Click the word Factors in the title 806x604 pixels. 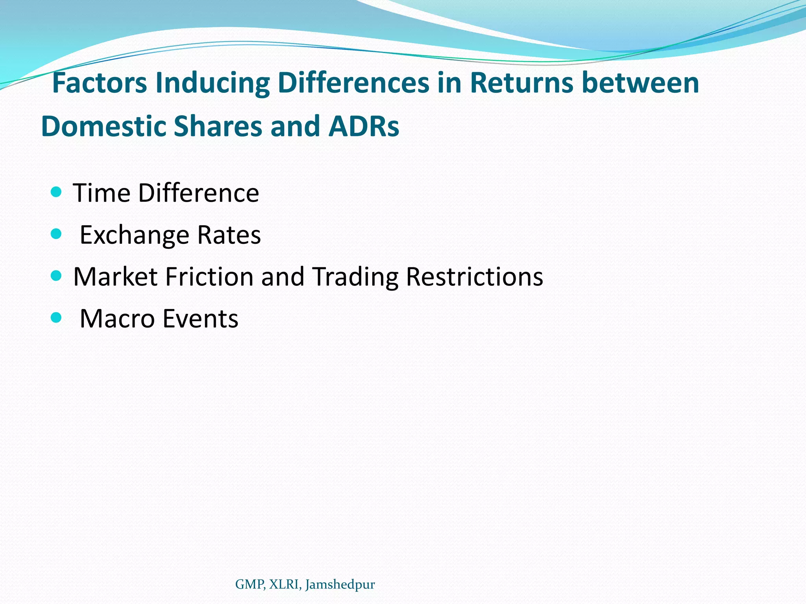(100, 83)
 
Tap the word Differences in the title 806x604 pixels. (353, 83)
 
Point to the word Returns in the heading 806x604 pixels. (521, 83)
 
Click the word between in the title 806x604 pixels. (640, 83)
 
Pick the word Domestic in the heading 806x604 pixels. (104, 126)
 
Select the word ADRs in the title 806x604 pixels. (364, 126)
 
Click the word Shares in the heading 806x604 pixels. (218, 126)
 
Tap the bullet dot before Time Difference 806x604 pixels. (57, 192)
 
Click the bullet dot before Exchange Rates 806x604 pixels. (57, 234)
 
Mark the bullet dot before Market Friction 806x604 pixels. (57, 276)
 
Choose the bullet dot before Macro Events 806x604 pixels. (57, 317)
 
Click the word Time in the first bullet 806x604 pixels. (102, 193)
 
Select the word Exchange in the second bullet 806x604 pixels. (135, 236)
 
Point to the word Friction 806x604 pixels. (209, 276)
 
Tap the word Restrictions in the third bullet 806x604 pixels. (474, 276)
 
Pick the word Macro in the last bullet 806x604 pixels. (117, 319)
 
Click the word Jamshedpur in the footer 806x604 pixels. (340, 585)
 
